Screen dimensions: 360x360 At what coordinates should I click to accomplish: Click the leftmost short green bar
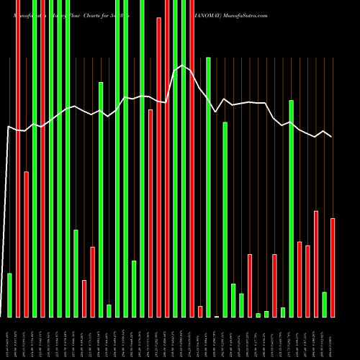9,295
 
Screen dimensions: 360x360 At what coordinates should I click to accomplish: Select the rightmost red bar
333,267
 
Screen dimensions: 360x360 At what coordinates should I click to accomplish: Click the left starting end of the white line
8,127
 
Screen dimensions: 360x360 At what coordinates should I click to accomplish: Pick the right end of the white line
332,137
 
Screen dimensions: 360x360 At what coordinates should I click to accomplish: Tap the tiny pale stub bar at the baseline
217,316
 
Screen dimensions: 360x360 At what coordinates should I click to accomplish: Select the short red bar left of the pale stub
200,311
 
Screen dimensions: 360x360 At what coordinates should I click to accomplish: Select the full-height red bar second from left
17,158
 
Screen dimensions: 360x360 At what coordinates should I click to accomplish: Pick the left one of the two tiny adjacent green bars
258,315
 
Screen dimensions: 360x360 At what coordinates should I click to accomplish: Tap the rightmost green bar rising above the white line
291,209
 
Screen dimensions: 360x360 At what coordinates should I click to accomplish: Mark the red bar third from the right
307,281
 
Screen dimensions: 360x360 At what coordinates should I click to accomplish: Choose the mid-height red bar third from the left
26,244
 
